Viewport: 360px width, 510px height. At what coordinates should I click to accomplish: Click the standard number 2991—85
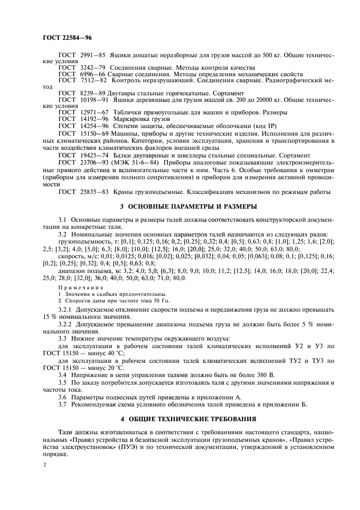click(x=92, y=56)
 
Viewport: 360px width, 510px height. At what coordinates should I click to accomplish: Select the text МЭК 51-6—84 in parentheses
click(x=136, y=162)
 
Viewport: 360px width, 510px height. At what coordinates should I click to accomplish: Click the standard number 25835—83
click(x=94, y=192)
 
